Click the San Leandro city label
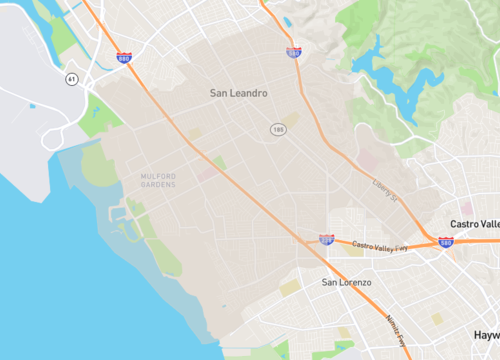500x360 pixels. (239, 93)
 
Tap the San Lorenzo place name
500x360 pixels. (346, 283)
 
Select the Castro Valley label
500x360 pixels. (474, 223)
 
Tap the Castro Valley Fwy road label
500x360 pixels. (380, 245)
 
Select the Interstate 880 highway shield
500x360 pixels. (123, 59)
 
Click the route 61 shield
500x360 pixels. (71, 78)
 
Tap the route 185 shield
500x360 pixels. (277, 130)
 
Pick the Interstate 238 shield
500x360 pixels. (326, 240)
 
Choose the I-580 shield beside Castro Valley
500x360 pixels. (446, 242)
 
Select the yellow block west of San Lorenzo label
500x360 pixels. (289, 288)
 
